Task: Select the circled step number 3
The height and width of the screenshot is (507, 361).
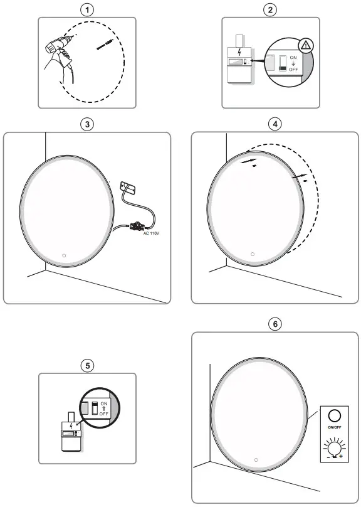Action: (x=88, y=124)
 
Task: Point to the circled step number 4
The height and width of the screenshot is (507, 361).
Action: (x=275, y=124)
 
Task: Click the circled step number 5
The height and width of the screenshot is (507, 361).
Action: (x=88, y=365)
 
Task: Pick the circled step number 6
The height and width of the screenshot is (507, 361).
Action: (x=275, y=324)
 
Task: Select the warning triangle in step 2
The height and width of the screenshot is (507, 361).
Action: (x=305, y=45)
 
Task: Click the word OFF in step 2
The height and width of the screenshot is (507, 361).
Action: (x=293, y=70)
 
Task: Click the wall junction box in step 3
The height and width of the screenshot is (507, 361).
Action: (x=128, y=187)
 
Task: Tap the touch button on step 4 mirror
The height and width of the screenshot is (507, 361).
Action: (x=252, y=254)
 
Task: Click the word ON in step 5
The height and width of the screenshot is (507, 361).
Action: (x=104, y=403)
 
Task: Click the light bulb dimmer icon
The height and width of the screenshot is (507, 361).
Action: (x=334, y=449)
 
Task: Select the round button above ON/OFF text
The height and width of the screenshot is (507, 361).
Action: (x=335, y=415)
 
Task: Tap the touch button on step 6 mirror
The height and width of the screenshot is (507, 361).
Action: (x=256, y=459)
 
